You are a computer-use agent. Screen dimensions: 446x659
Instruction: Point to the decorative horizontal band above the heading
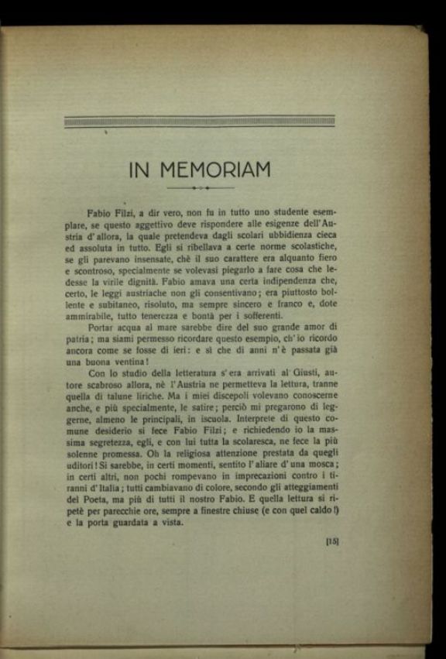coord(199,122)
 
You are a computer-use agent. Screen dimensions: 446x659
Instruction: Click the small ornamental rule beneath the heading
coord(200,188)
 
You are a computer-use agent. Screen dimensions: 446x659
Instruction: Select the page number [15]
coord(333,541)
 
